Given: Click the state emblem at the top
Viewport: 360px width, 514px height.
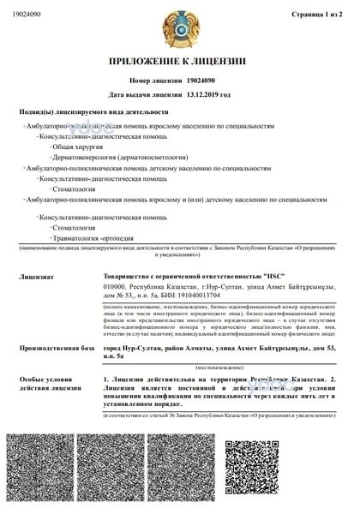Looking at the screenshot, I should [180, 27].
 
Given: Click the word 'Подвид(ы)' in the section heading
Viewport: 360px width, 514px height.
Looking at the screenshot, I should [35, 112].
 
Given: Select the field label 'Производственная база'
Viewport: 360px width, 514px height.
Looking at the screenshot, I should [56, 350].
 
